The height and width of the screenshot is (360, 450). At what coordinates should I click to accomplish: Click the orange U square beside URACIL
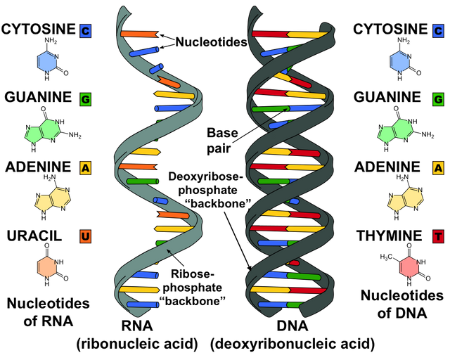pos(86,237)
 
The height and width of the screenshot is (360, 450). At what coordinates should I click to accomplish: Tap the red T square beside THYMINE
pos(438,237)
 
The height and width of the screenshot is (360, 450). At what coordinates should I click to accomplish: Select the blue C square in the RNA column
pos(86,30)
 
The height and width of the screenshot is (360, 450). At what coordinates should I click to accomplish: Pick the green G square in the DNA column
pos(438,99)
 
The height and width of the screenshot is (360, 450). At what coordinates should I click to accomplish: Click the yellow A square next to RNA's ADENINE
pos(86,168)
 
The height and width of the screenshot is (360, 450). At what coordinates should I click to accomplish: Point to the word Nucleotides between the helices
pos(211,42)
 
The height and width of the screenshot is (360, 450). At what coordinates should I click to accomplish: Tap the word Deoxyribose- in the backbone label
pos(203,176)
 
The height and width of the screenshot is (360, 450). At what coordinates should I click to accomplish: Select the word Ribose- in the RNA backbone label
pos(193,274)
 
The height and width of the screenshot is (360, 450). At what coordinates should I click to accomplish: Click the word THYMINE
pos(389,236)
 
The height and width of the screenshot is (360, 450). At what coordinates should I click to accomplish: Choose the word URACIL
pos(34,236)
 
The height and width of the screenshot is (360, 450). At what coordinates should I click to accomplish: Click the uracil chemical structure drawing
pos(52,264)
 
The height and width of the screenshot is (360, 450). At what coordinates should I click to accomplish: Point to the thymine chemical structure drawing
pos(406,264)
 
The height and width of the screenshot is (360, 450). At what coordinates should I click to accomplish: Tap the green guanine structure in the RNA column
pos(52,129)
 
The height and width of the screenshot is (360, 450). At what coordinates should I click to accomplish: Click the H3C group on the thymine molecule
pos(385,257)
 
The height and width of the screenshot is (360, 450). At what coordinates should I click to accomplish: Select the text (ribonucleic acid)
pos(137,344)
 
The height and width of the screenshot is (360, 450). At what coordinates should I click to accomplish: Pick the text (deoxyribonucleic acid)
pos(292,344)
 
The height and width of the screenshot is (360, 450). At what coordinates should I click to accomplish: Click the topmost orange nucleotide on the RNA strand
pos(140,34)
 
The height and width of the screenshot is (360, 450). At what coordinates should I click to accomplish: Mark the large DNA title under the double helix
pos(292,326)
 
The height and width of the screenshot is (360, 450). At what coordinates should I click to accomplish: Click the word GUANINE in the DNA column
pos(387,97)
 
